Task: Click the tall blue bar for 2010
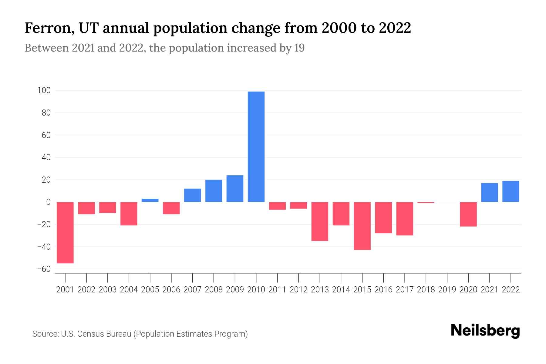pos(256,147)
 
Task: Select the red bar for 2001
pos(65,232)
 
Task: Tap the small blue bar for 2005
pos(150,200)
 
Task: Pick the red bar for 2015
pos(362,226)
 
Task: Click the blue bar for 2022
pos(511,191)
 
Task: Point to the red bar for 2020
pos(468,214)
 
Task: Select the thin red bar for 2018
pos(426,202)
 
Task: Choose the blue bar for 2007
pos(192,195)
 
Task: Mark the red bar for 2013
pos(320,221)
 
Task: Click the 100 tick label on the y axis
pos(44,90)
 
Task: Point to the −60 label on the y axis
pos(44,269)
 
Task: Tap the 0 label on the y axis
pos(48,202)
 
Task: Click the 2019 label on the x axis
pos(447,290)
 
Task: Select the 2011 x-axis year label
pos(277,290)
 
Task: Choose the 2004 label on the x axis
pos(129,290)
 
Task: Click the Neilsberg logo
pos(485,331)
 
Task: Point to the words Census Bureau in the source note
pos(105,334)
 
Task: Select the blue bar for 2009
pos(235,188)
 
